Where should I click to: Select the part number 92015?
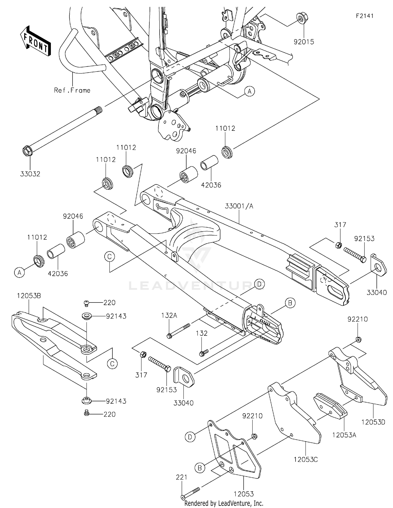pyautogui.click(x=304, y=42)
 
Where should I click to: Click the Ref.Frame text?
pyautogui.click(x=72, y=90)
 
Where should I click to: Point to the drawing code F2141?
pyautogui.click(x=364, y=16)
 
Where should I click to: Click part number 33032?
pyautogui.click(x=30, y=174)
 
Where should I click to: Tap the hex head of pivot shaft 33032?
pyautogui.click(x=27, y=151)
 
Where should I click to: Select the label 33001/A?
pyautogui.click(x=239, y=206)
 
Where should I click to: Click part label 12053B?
pyautogui.click(x=29, y=296)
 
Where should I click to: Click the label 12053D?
pyautogui.click(x=373, y=422)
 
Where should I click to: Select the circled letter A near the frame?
pyautogui.click(x=249, y=91)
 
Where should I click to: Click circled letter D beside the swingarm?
pyautogui.click(x=259, y=284)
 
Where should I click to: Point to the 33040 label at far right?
pyautogui.click(x=376, y=293)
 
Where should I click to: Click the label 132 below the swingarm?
pyautogui.click(x=201, y=333)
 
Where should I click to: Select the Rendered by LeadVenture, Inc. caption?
pyautogui.click(x=224, y=503)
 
